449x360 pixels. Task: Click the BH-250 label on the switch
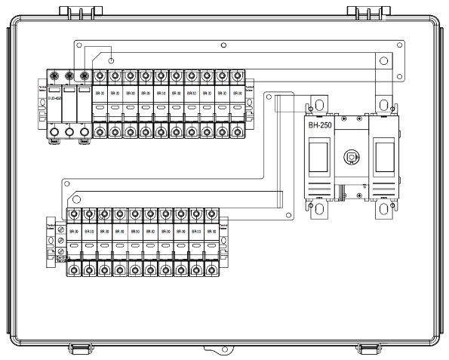(323, 126)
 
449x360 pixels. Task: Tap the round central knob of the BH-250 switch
(350, 158)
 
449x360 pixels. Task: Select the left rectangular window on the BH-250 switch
(317, 158)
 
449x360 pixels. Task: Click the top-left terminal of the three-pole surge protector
(54, 76)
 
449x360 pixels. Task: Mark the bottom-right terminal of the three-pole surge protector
(85, 134)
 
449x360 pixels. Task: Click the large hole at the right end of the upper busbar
(383, 60)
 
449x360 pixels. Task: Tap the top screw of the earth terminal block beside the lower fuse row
(60, 229)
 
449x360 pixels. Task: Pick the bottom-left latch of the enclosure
(80, 348)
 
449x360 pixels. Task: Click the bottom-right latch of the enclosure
(368, 348)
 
